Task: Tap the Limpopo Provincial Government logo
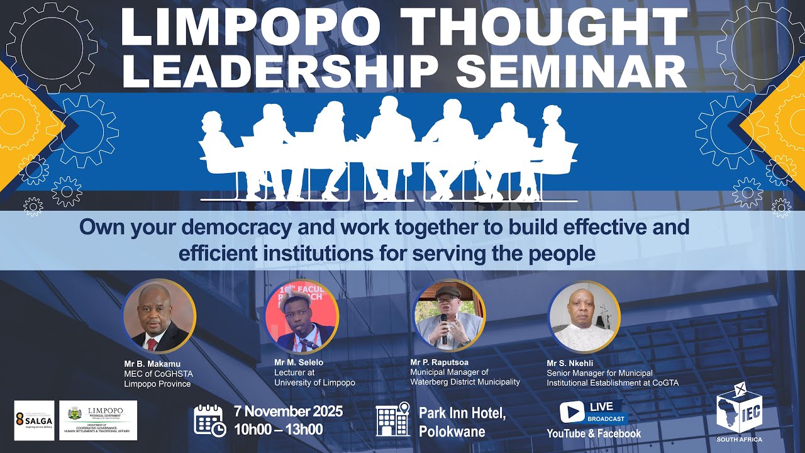click(102, 420)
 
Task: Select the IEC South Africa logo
click(740, 412)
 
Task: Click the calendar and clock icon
click(209, 420)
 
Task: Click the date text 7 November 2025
click(288, 412)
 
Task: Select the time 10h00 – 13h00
click(278, 430)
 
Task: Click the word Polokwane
click(452, 432)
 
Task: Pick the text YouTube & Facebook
click(594, 433)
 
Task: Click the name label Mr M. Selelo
click(299, 362)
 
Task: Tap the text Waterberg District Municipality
click(465, 382)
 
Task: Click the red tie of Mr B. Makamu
click(152, 344)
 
